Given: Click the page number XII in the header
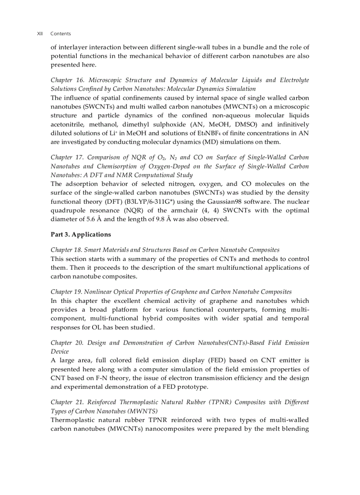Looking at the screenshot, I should pos(40,33).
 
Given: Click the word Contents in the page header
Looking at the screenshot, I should pos(60,33).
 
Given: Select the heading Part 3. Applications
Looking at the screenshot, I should pos(81,234).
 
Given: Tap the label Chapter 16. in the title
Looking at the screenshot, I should pos(68,80).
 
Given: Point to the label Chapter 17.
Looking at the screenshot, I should pos(68,157).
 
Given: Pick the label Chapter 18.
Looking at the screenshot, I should pos(66,250).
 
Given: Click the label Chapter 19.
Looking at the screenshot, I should pos(66,292).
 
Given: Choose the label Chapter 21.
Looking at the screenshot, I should pos(68,402).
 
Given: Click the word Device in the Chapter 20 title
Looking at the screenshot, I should pos(60,351).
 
